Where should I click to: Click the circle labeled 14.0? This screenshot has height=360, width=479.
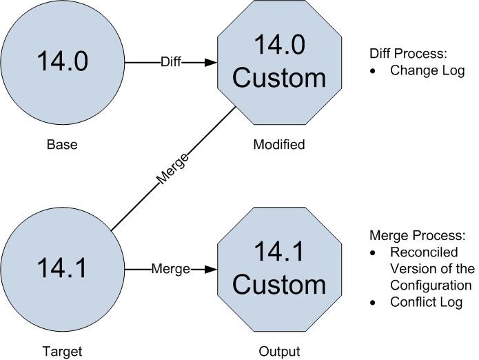click(63, 63)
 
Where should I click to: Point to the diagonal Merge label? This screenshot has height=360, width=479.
click(172, 169)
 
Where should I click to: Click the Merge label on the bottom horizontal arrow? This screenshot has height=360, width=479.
click(170, 269)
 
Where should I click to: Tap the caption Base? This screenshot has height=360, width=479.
click(62, 145)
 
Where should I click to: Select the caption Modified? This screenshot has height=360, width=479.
click(278, 145)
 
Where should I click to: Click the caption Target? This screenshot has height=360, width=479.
click(62, 351)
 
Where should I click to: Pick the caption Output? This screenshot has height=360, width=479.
click(279, 351)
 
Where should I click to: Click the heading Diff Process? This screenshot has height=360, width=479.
click(408, 52)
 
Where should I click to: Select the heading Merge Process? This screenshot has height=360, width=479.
click(412, 235)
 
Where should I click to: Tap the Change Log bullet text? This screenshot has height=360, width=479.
click(427, 70)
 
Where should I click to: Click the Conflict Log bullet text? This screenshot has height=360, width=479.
click(426, 302)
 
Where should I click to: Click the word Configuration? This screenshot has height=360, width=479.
click(431, 286)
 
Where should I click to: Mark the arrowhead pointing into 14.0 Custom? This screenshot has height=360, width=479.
click(210, 63)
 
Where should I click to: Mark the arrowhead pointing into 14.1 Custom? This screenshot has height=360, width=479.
click(210, 269)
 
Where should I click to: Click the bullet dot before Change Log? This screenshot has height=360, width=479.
click(373, 71)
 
